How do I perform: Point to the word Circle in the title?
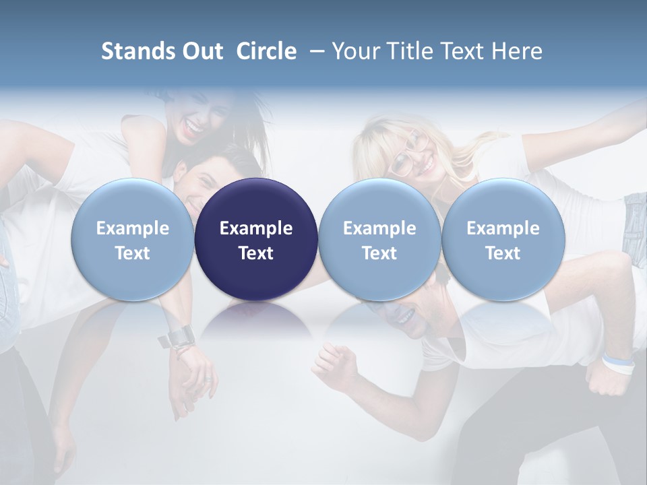click(266, 51)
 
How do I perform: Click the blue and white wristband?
click(619, 364)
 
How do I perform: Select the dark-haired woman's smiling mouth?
click(195, 125)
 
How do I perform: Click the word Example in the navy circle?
click(256, 228)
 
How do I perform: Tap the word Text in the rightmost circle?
click(503, 253)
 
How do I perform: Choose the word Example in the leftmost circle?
click(132, 228)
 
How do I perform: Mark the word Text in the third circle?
click(379, 253)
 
